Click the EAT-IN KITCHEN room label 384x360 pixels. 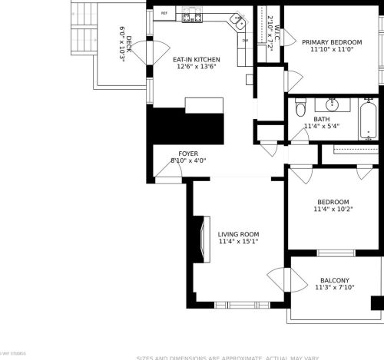(x=196, y=59)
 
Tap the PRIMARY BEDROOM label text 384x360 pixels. (x=331, y=42)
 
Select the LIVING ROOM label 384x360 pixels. (x=237, y=234)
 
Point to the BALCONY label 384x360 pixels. (x=334, y=280)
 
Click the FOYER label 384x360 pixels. (x=188, y=154)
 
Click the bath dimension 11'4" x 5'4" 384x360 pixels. (x=321, y=127)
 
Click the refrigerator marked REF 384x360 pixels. (x=164, y=14)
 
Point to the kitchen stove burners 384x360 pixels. (x=192, y=16)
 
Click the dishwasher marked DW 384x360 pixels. (x=245, y=41)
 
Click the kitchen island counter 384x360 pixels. (x=203, y=104)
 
